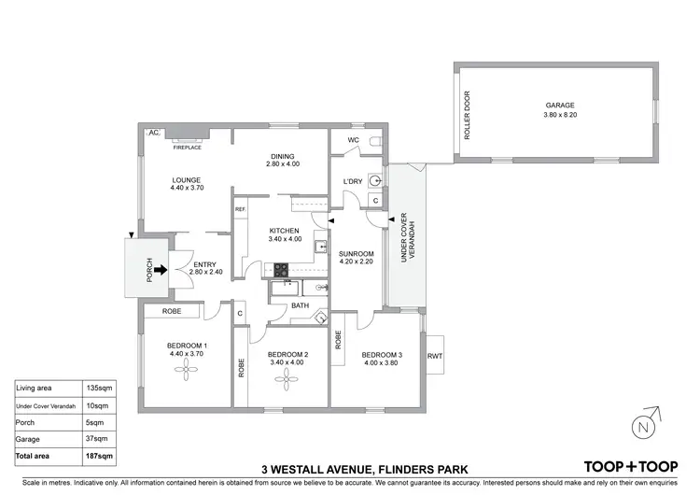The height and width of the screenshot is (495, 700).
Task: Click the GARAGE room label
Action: point(560,106)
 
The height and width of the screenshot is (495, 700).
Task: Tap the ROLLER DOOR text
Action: point(468,115)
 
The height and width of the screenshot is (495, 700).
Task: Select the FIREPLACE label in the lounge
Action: point(188,147)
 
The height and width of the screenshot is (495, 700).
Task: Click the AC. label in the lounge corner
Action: point(154,134)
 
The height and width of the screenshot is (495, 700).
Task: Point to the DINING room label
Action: point(283,156)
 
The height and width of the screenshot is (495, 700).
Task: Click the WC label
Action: point(353,141)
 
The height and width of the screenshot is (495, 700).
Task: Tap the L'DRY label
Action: point(353,180)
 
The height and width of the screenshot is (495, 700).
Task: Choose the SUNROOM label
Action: point(356,254)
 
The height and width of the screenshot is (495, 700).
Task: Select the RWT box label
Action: point(435,356)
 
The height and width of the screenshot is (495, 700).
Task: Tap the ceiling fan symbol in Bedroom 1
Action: point(187,371)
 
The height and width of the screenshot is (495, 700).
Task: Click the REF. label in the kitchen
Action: point(240,209)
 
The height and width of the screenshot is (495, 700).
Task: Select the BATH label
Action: point(300,305)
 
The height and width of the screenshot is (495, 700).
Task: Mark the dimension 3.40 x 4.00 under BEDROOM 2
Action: point(287,362)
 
